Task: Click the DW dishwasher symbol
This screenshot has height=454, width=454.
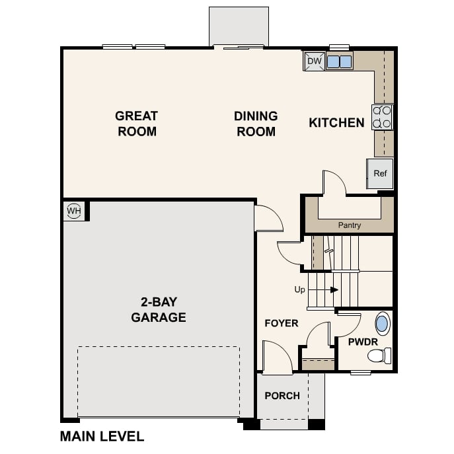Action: pyautogui.click(x=315, y=61)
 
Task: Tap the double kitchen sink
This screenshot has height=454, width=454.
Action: pyautogui.click(x=339, y=61)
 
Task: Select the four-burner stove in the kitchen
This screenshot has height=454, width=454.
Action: pyautogui.click(x=382, y=117)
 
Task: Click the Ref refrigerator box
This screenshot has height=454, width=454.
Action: pyautogui.click(x=380, y=173)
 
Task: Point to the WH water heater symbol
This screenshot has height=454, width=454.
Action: pyautogui.click(x=73, y=211)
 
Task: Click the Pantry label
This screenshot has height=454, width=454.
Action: pyautogui.click(x=350, y=225)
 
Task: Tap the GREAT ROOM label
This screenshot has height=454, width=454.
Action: pyautogui.click(x=137, y=124)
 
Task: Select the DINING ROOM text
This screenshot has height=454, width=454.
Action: pyautogui.click(x=256, y=124)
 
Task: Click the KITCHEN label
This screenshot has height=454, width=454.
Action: pyautogui.click(x=336, y=122)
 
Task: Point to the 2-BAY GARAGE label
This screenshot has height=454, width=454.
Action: pyautogui.click(x=158, y=310)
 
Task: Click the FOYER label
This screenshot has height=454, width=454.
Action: pyautogui.click(x=282, y=323)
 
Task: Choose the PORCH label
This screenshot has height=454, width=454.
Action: pyautogui.click(x=282, y=396)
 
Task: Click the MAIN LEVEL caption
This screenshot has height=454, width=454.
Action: pyautogui.click(x=102, y=436)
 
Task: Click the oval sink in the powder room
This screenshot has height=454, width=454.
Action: pyautogui.click(x=383, y=324)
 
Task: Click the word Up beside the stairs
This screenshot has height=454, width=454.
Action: pyautogui.click(x=300, y=289)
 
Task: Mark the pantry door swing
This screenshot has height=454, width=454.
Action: pyautogui.click(x=334, y=182)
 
